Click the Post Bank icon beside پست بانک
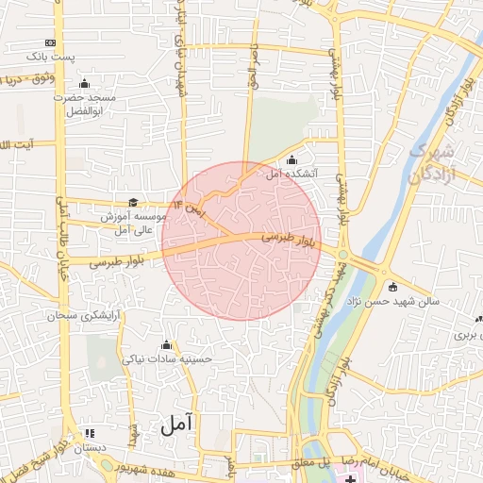point(50,42)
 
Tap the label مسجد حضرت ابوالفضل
point(83,104)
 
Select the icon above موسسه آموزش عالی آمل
point(132,202)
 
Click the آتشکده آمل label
point(310,175)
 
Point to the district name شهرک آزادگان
point(433,162)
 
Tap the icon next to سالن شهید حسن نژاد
point(392,287)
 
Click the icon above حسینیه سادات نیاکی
point(168,344)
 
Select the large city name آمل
point(175,424)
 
